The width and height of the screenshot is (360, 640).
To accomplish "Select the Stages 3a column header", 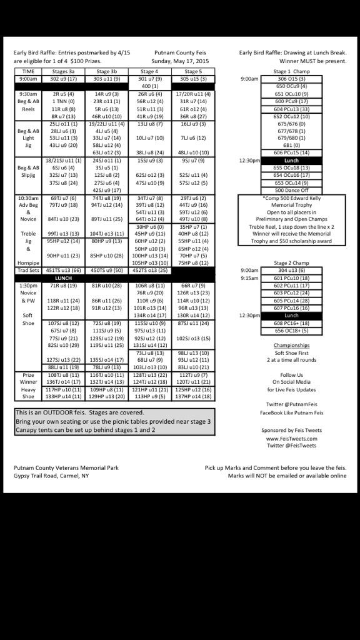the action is [63, 72].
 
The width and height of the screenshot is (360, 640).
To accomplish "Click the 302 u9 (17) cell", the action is [63, 79].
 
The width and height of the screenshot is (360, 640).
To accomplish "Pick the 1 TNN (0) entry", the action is [63, 101].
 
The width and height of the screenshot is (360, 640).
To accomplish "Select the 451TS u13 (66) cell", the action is [63, 270].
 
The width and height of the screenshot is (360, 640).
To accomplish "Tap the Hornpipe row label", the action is [27, 263].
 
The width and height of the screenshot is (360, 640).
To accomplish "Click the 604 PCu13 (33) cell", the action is [291, 109].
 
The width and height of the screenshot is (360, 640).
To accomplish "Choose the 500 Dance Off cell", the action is [291, 190].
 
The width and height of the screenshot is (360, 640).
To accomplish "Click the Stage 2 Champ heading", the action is [291, 263].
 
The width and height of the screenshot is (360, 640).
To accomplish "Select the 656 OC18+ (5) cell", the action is [291, 331].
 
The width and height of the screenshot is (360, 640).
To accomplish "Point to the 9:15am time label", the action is [250, 278].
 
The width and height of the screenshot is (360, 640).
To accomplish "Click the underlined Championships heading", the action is [291, 345].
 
